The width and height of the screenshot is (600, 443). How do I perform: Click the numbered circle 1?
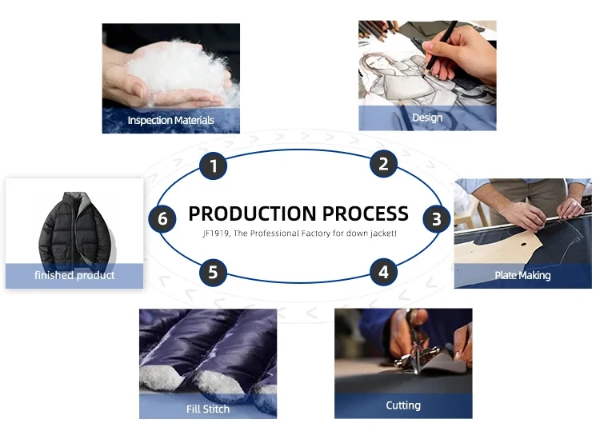[x=213, y=166]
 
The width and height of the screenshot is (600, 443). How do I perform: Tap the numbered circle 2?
[x=384, y=165]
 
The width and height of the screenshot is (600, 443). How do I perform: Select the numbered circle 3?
[x=436, y=218]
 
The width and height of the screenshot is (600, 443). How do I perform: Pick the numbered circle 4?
[x=384, y=272]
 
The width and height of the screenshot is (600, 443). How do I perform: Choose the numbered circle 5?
[x=213, y=272]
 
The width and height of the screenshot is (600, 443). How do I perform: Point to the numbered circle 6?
[x=162, y=218]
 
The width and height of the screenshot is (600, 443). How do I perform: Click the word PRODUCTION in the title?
[x=250, y=214]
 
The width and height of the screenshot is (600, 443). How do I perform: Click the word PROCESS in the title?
[x=364, y=214]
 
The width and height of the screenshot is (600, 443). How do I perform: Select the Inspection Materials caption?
[x=171, y=121]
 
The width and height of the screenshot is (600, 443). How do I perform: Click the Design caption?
[x=427, y=118]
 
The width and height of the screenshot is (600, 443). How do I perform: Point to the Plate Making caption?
[x=522, y=276]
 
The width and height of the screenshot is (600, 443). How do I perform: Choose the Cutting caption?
[x=403, y=405]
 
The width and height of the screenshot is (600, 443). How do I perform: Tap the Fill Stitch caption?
[x=208, y=409]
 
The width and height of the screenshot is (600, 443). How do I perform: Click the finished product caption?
[x=74, y=275]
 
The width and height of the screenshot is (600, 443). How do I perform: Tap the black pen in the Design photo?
[x=442, y=42]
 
